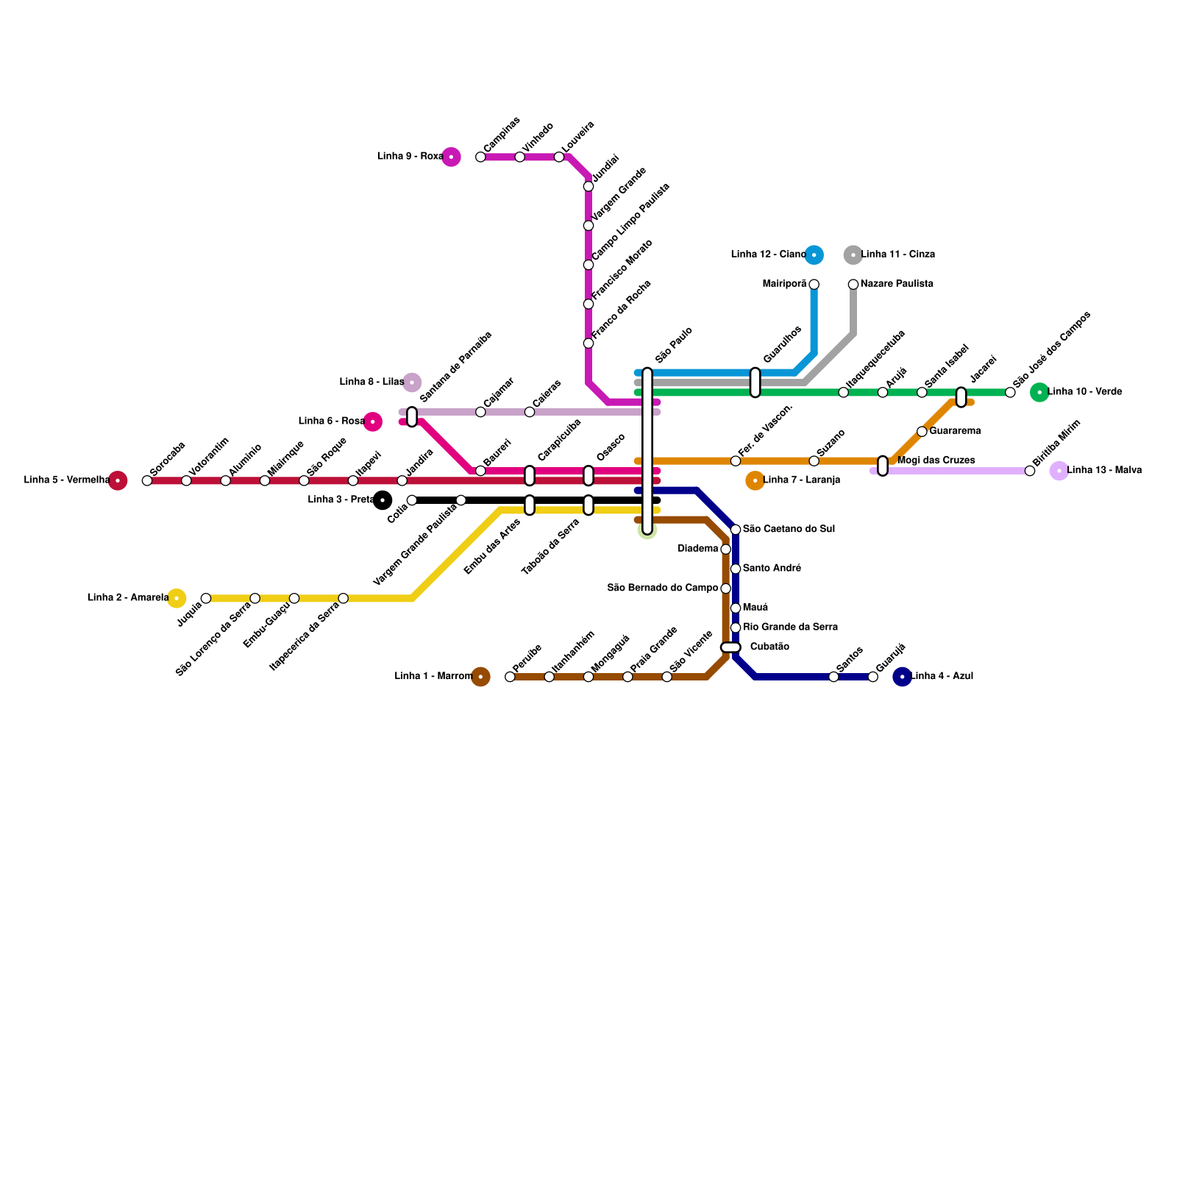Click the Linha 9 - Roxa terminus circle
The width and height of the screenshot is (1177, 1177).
click(x=451, y=157)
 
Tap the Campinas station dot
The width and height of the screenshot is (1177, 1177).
click(x=480, y=157)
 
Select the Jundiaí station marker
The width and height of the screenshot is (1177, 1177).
click(x=588, y=186)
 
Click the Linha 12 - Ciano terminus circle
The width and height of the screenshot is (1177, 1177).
click(x=814, y=255)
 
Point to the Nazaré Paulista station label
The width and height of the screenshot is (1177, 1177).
click(x=897, y=284)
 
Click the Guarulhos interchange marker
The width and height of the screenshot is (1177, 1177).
click(x=755, y=383)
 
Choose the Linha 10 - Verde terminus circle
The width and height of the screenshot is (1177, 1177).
click(x=1039, y=392)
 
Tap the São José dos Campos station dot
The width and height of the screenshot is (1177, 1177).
click(x=1010, y=392)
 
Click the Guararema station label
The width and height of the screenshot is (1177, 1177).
click(x=955, y=431)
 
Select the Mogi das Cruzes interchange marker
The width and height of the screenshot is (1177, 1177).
click(x=883, y=466)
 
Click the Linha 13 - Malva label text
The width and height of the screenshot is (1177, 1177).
click(x=1104, y=470)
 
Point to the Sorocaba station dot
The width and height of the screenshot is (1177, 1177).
click(x=147, y=480)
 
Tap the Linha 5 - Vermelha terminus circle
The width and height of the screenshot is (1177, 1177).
click(x=118, y=480)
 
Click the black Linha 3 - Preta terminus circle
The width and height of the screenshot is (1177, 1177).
click(x=383, y=500)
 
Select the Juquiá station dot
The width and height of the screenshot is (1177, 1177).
click(x=206, y=598)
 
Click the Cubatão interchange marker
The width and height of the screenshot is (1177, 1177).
click(x=730, y=647)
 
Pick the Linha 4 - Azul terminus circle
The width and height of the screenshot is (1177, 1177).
click(x=902, y=677)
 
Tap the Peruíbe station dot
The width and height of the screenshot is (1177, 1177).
click(x=510, y=677)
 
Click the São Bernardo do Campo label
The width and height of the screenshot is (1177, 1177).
click(x=662, y=588)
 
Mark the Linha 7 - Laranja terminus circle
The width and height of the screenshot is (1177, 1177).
click(x=755, y=480)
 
